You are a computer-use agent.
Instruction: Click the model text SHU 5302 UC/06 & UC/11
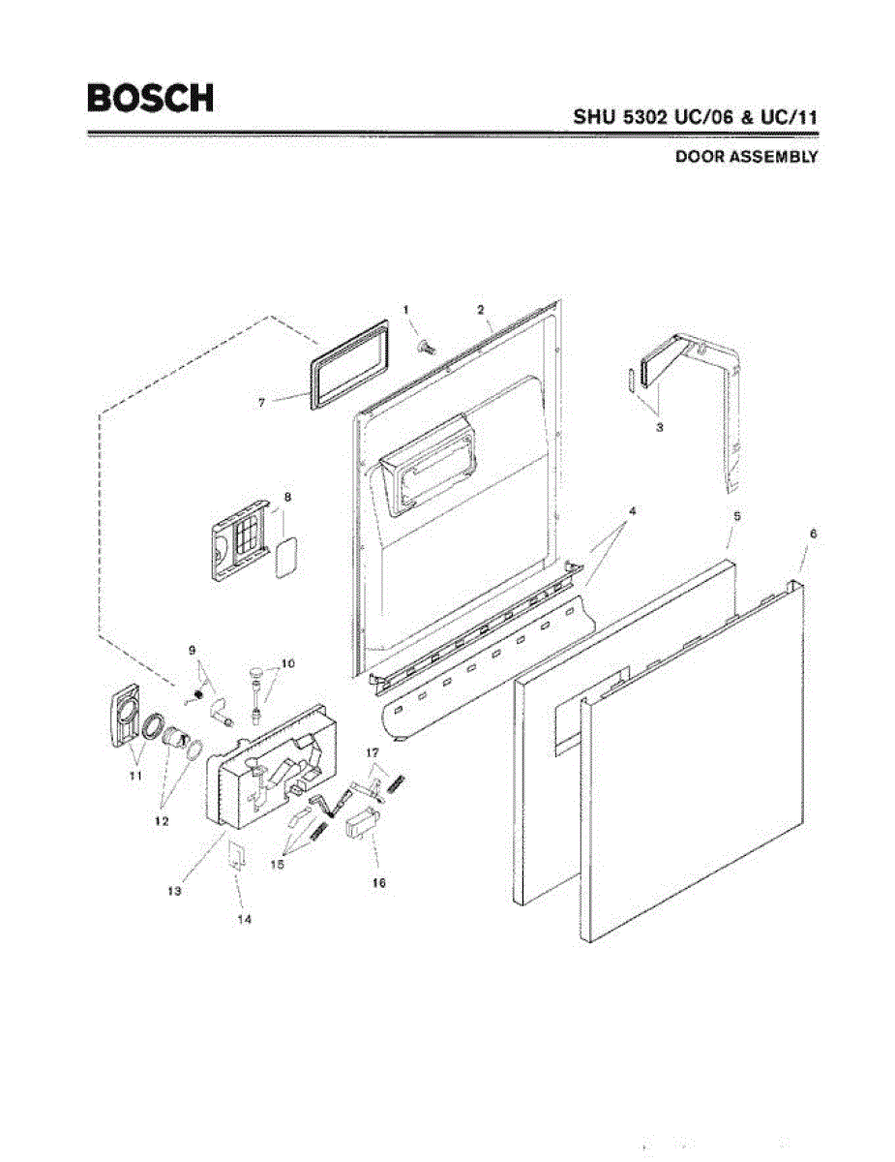tap(696, 117)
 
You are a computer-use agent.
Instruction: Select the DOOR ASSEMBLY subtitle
tap(746, 156)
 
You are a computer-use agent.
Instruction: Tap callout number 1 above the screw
tap(407, 309)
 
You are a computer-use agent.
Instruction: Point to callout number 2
tap(480, 309)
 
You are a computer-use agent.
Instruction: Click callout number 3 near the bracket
tap(659, 427)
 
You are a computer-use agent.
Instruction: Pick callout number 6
tap(813, 534)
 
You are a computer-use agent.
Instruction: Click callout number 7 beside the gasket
tap(261, 400)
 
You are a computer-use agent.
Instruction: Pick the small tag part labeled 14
tap(235, 855)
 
